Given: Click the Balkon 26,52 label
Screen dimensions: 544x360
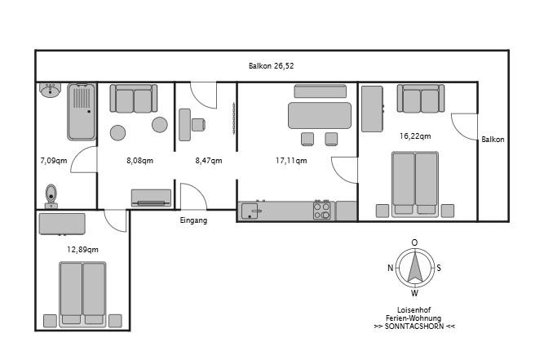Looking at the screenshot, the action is (x=271, y=66).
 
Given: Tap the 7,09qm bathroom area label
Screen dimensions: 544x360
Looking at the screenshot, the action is (x=54, y=161).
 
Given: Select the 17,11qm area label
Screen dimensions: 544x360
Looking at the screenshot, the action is (x=291, y=161).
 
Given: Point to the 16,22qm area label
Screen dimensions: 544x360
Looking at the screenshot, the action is (x=415, y=136).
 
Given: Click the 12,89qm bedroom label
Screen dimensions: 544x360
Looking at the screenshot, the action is (x=82, y=250).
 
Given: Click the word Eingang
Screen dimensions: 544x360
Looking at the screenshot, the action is (x=193, y=220).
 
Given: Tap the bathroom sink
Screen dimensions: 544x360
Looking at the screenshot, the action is (x=51, y=90).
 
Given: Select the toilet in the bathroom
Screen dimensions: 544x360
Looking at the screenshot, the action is (x=51, y=196).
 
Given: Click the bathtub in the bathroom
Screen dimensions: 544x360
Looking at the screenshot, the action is (x=82, y=112).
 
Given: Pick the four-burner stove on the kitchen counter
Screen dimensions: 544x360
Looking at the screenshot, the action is (x=321, y=211).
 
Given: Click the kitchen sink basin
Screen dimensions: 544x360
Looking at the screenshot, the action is (x=250, y=211).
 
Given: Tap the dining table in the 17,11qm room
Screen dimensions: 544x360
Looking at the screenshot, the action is (x=320, y=116).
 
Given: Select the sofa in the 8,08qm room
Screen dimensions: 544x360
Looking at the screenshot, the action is (x=134, y=98).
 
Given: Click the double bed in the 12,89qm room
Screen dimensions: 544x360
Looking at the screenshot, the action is (x=82, y=294).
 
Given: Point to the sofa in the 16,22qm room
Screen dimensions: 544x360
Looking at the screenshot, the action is (x=421, y=98).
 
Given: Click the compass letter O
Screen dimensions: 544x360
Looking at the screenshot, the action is (x=414, y=242).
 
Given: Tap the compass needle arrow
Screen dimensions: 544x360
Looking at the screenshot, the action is (x=415, y=267).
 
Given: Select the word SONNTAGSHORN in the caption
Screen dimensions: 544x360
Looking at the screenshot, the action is (x=414, y=327).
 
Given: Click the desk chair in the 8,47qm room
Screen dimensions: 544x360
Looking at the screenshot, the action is (x=198, y=125).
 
